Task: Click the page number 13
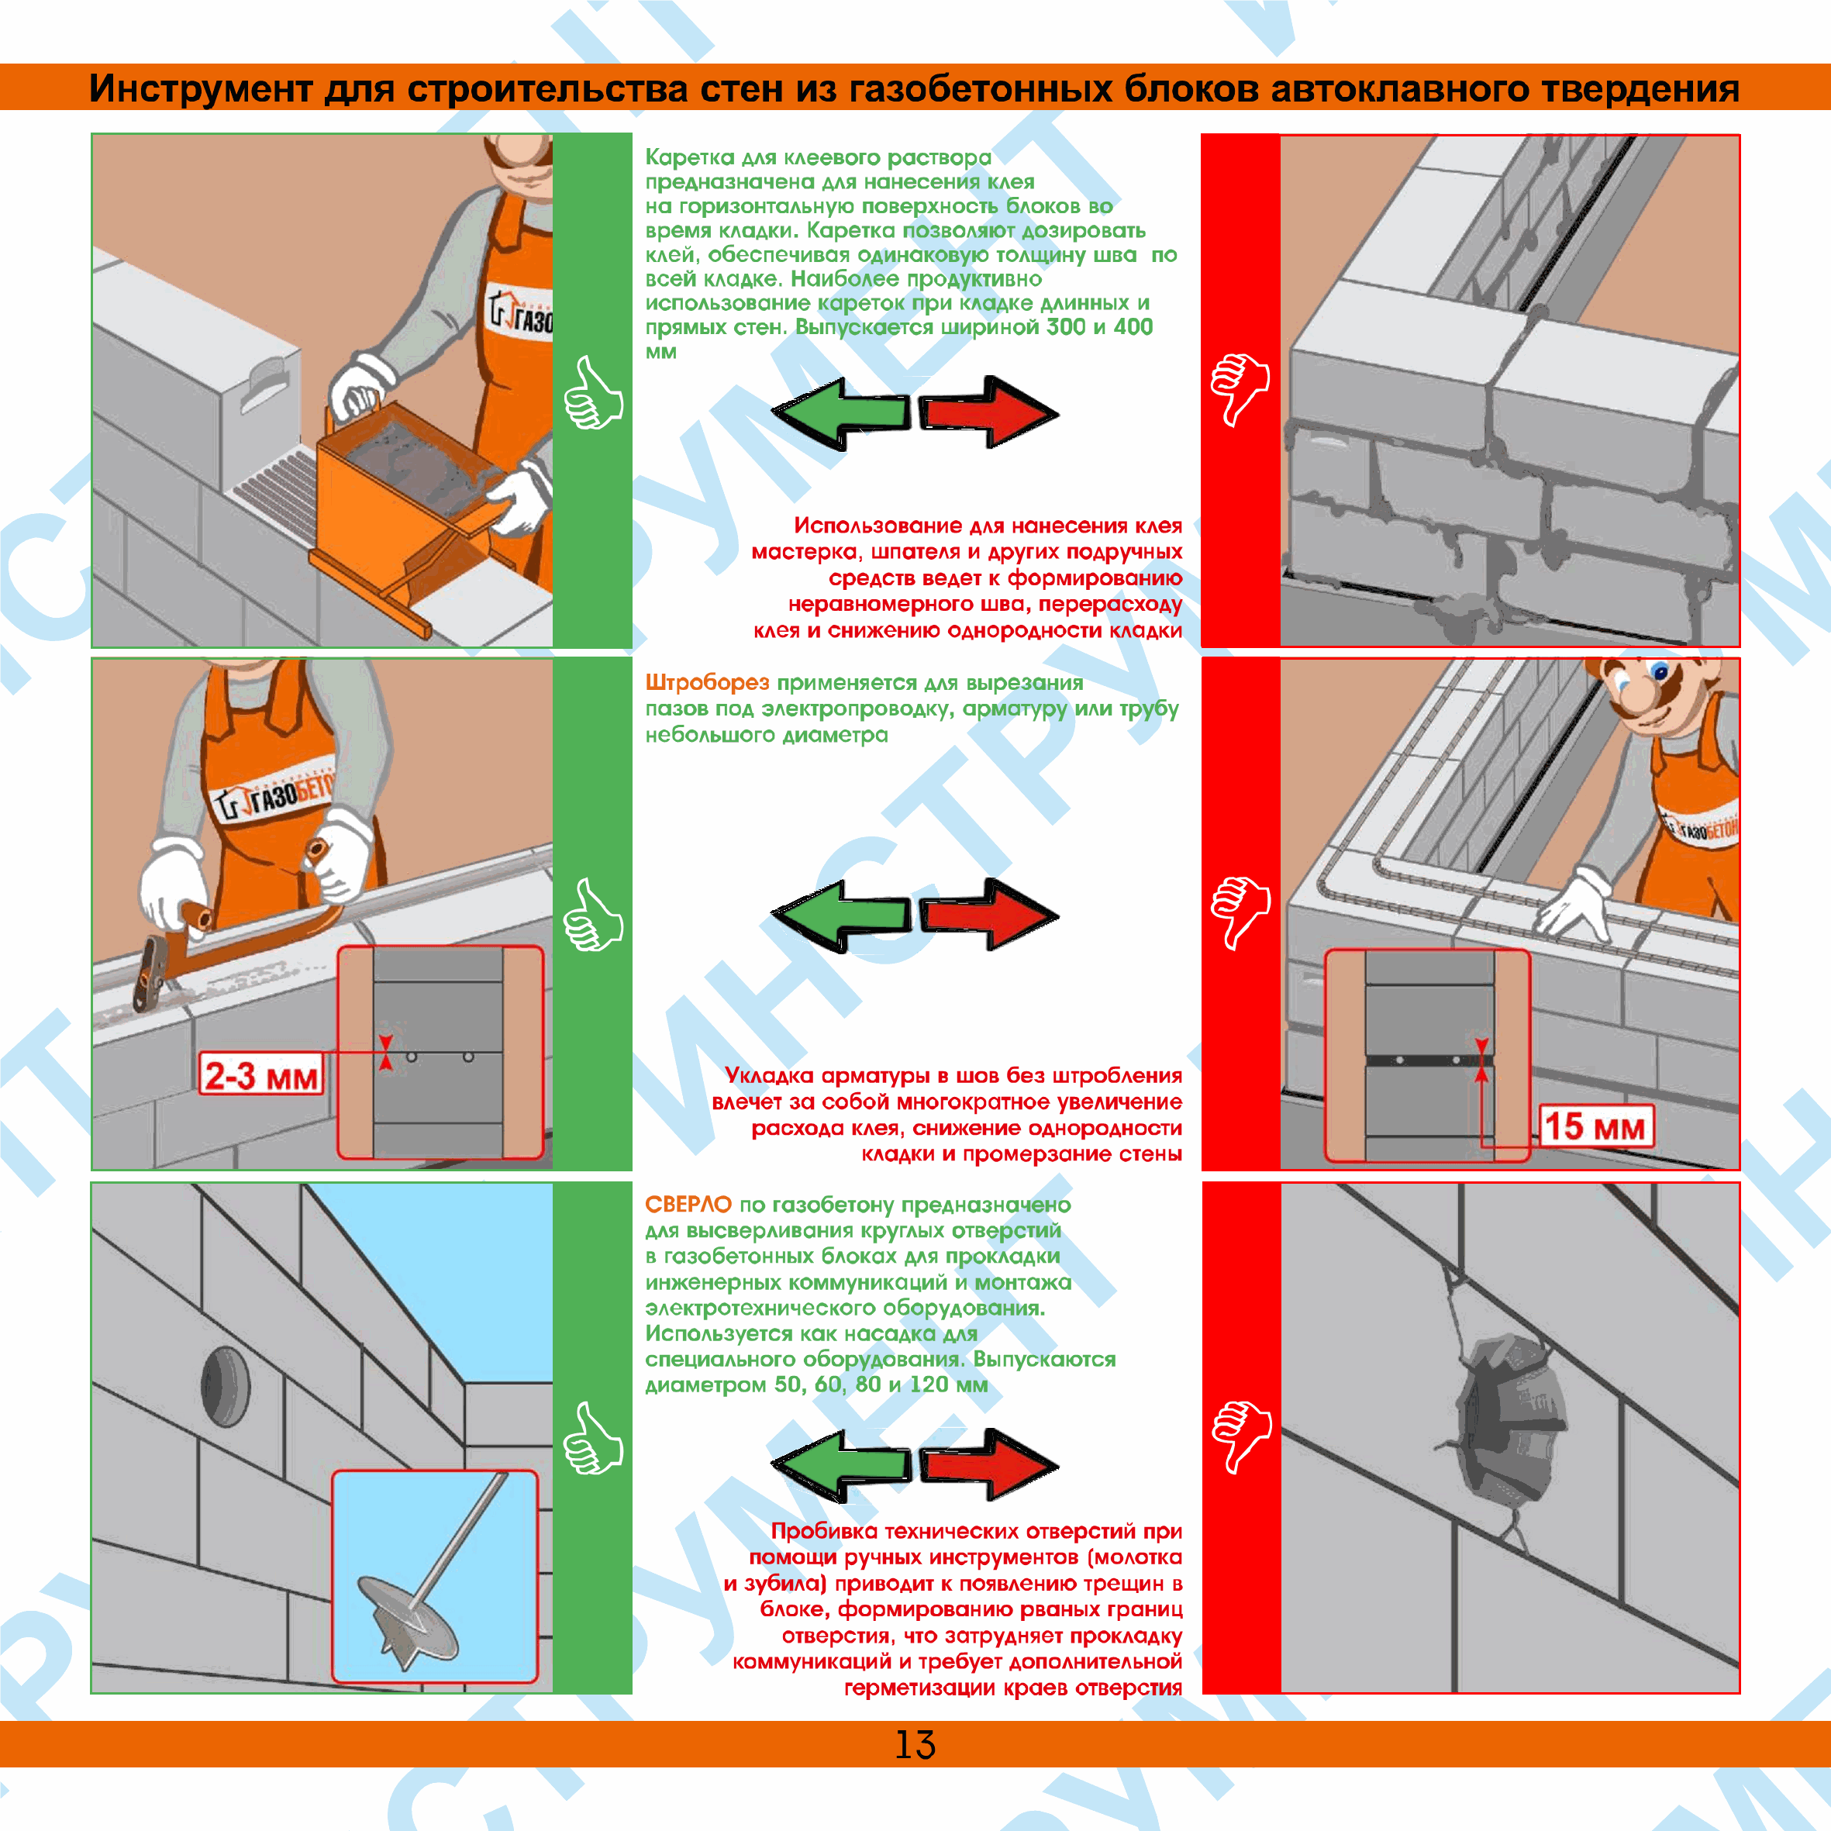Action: point(915,1744)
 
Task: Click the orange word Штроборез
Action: point(707,682)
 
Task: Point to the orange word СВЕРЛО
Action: point(688,1204)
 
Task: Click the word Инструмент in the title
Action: point(201,88)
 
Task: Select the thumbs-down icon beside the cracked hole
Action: point(1240,1436)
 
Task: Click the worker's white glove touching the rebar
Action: point(1573,905)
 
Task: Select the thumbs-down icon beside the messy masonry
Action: point(1240,388)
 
